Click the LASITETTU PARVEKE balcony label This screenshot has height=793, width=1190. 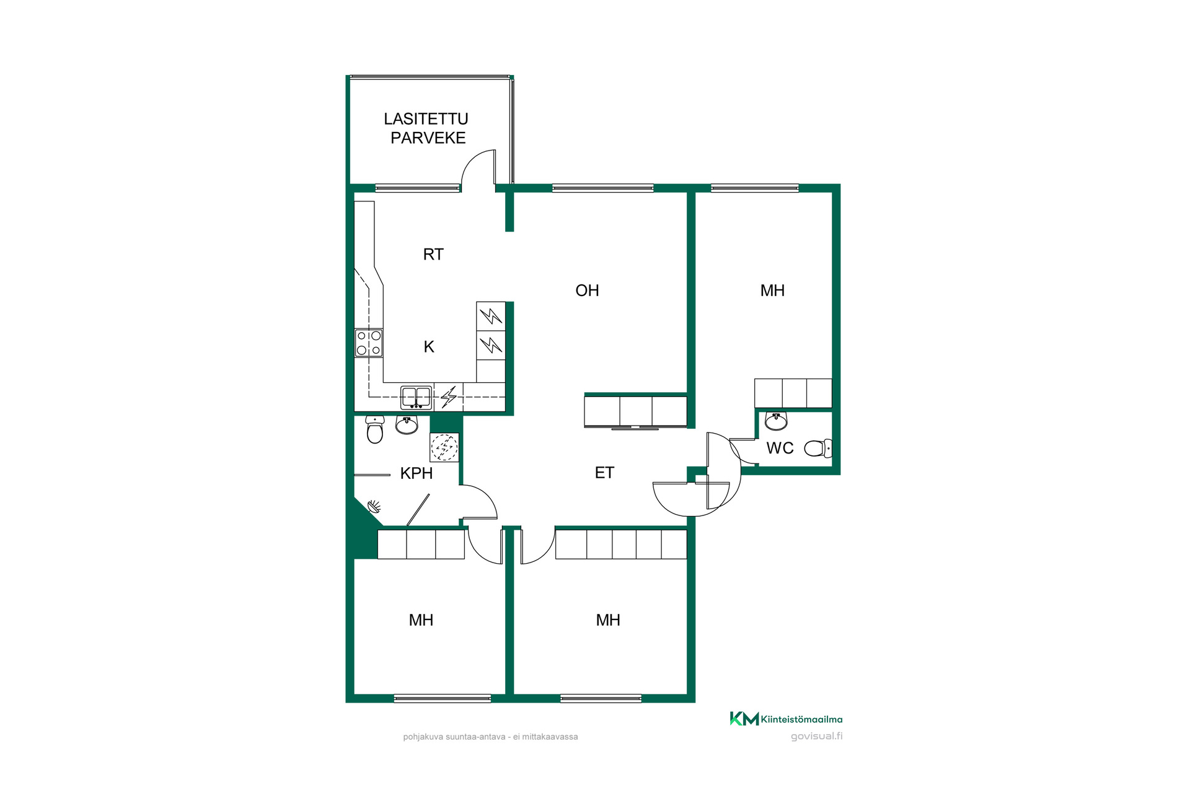coord(426,128)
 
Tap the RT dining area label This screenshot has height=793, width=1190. coord(433,255)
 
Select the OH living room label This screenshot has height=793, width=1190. coord(587,291)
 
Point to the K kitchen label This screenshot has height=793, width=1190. coord(429,347)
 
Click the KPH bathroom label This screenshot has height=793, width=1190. coord(416,473)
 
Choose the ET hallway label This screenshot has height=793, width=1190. coord(604,473)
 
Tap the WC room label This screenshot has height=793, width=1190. coord(780,448)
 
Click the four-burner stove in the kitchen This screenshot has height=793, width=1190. coord(368,343)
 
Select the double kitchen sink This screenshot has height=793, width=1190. coord(416,397)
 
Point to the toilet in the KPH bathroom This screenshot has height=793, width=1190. coord(375,429)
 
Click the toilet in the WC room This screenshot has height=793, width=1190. coord(818,448)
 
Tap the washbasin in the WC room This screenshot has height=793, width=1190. coord(776,421)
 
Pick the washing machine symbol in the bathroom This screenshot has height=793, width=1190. coord(444,447)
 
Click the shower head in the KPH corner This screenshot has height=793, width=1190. coord(375,507)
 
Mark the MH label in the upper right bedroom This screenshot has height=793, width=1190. coord(772,291)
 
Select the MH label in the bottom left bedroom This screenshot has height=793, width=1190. coord(421,620)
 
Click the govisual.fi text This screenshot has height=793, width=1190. coord(817,736)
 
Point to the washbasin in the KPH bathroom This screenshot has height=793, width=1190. coord(407,425)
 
